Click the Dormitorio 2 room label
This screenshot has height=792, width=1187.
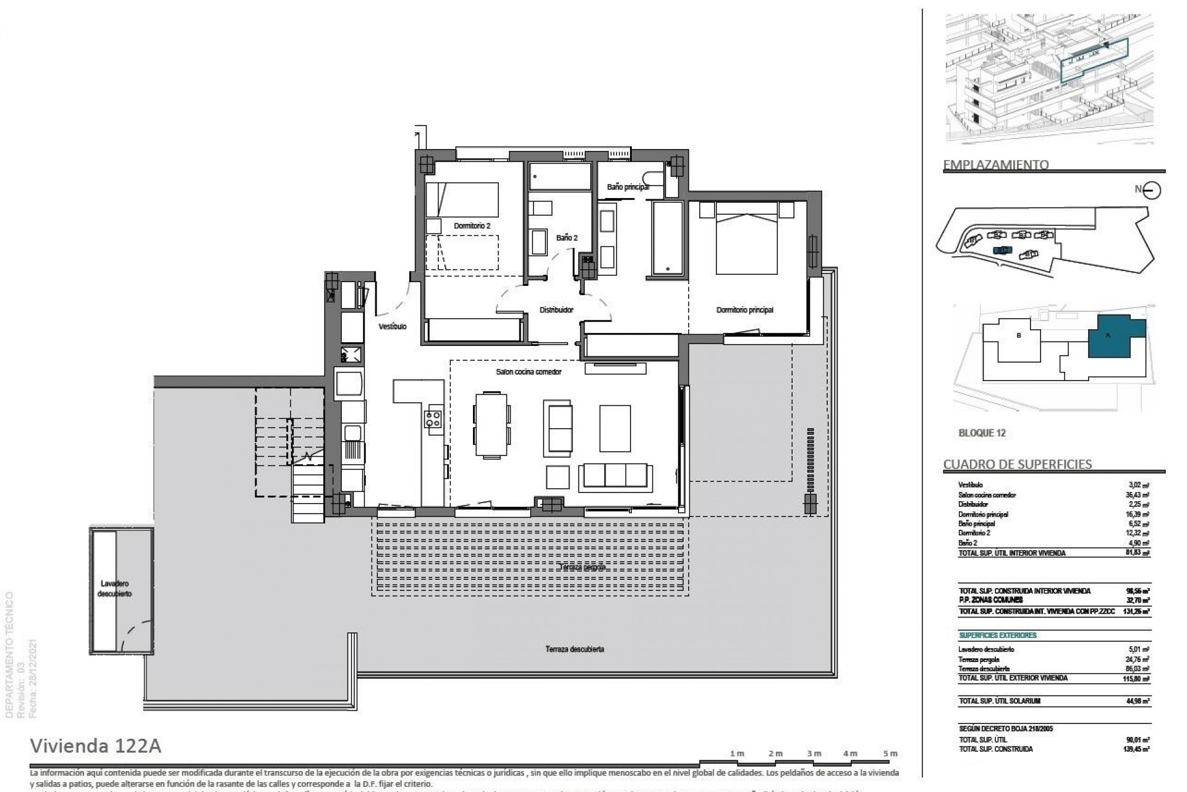(472, 226)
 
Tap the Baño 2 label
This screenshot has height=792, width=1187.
(566, 238)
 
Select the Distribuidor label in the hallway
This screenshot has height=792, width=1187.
(556, 310)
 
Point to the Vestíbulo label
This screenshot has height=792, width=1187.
(393, 326)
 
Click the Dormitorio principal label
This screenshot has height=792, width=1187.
(745, 310)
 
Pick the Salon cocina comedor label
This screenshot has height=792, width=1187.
(529, 372)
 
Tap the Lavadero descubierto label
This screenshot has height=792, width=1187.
(116, 588)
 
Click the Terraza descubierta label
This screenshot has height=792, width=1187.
(574, 649)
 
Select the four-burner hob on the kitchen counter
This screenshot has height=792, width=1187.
(433, 419)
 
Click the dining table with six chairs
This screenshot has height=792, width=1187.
(492, 425)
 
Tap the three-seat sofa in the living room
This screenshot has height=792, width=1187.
(615, 476)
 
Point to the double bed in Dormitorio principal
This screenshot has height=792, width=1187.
(746, 243)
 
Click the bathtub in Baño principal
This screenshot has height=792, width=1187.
(667, 238)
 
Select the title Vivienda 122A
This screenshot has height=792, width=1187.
(96, 746)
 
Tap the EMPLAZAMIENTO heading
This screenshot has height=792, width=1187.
(995, 165)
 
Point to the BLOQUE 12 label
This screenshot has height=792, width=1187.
(982, 433)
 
